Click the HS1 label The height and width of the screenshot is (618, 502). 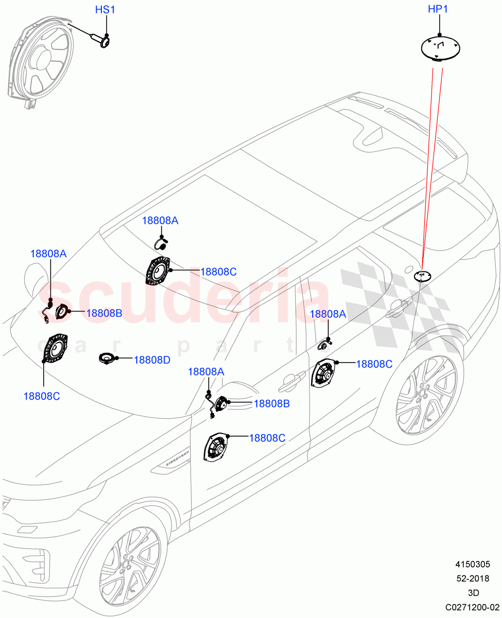point(106,10)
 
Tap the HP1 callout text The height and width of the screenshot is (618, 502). point(440,10)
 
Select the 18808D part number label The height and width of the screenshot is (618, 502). point(152,360)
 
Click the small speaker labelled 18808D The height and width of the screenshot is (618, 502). point(107,358)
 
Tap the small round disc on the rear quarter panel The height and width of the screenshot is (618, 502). point(422,276)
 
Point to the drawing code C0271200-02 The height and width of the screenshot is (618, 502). point(472,607)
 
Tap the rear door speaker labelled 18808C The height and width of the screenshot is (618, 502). point(324,374)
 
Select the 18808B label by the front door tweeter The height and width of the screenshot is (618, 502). point(272,404)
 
